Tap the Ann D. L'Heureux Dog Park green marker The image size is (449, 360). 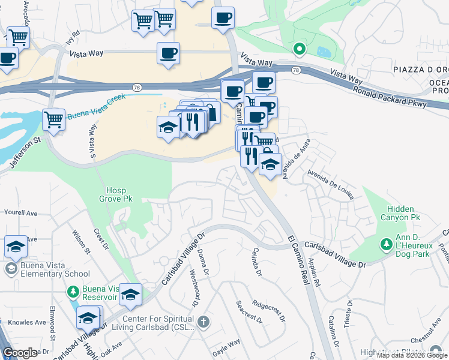[386, 245]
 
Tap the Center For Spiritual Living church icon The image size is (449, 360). [204, 323]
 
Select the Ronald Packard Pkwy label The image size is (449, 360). [390, 97]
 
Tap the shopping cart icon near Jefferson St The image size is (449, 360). [54, 119]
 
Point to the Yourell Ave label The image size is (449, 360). [21, 212]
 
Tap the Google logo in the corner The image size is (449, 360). [20, 353]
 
